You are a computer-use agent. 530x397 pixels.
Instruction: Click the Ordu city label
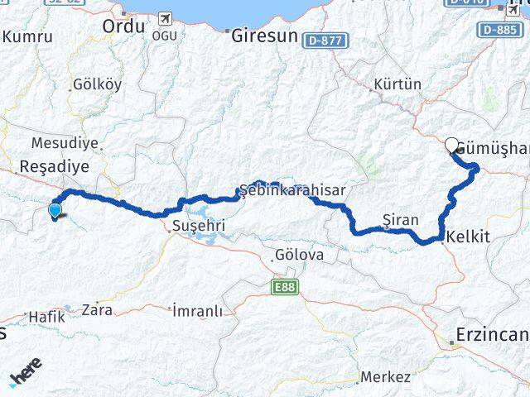(123, 26)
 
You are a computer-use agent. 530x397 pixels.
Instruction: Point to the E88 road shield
(282, 286)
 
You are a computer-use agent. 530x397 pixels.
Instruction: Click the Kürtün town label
(397, 84)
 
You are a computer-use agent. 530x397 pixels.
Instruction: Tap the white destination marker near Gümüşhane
(452, 146)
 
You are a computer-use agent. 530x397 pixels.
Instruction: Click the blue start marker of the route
(55, 210)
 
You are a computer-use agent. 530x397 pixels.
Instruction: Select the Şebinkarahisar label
(292, 190)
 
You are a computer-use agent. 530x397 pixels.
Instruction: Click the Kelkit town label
(468, 237)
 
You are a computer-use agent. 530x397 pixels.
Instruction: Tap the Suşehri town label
(194, 225)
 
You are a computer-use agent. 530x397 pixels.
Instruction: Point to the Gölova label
(300, 255)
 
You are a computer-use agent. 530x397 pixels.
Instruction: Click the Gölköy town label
(97, 84)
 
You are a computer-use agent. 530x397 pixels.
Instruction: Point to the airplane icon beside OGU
(165, 17)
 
